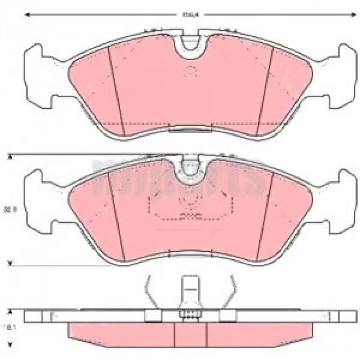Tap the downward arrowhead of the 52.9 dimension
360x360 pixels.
click(x=9, y=264)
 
